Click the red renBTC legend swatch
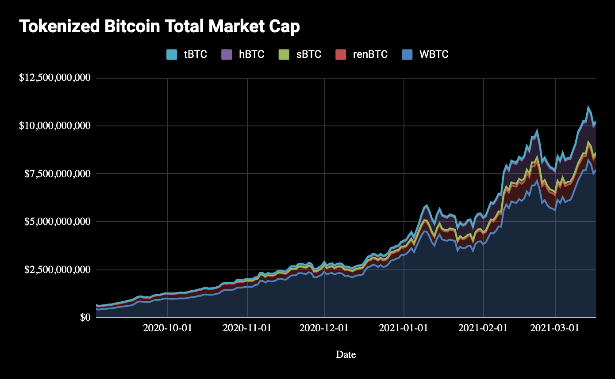[341, 55]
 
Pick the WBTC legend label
[434, 55]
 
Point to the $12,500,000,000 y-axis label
[54, 78]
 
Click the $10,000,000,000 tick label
[54, 126]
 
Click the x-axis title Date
[346, 354]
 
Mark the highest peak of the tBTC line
[588, 106]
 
